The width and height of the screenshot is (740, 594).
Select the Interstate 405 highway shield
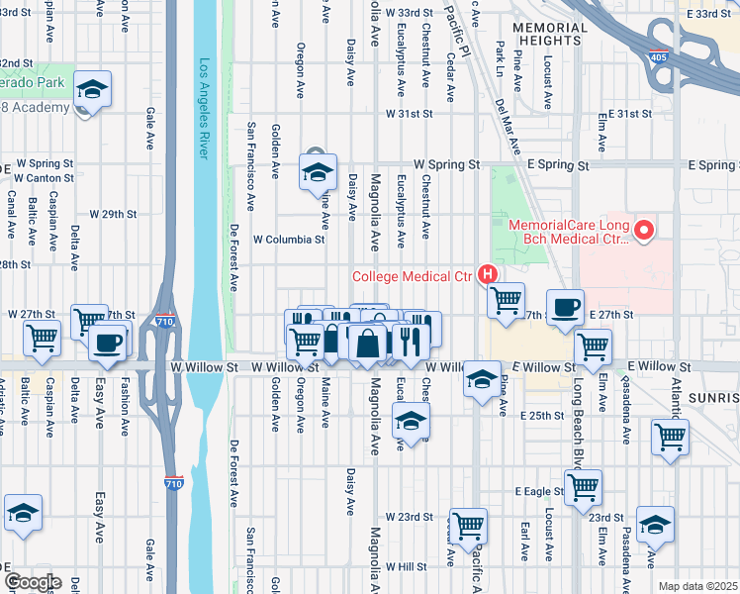tap(658, 55)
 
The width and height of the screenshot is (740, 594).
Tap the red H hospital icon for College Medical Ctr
tap(487, 274)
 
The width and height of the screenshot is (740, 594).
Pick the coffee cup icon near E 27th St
tap(565, 307)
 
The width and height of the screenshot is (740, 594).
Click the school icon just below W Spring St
tap(318, 172)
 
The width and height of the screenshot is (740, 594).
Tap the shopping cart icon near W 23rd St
tap(468, 525)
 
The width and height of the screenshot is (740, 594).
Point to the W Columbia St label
tap(290, 240)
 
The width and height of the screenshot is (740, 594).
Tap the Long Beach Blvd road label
tap(577, 416)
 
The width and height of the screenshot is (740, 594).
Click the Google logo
tap(32, 582)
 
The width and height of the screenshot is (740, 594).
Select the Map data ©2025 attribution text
tap(697, 586)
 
